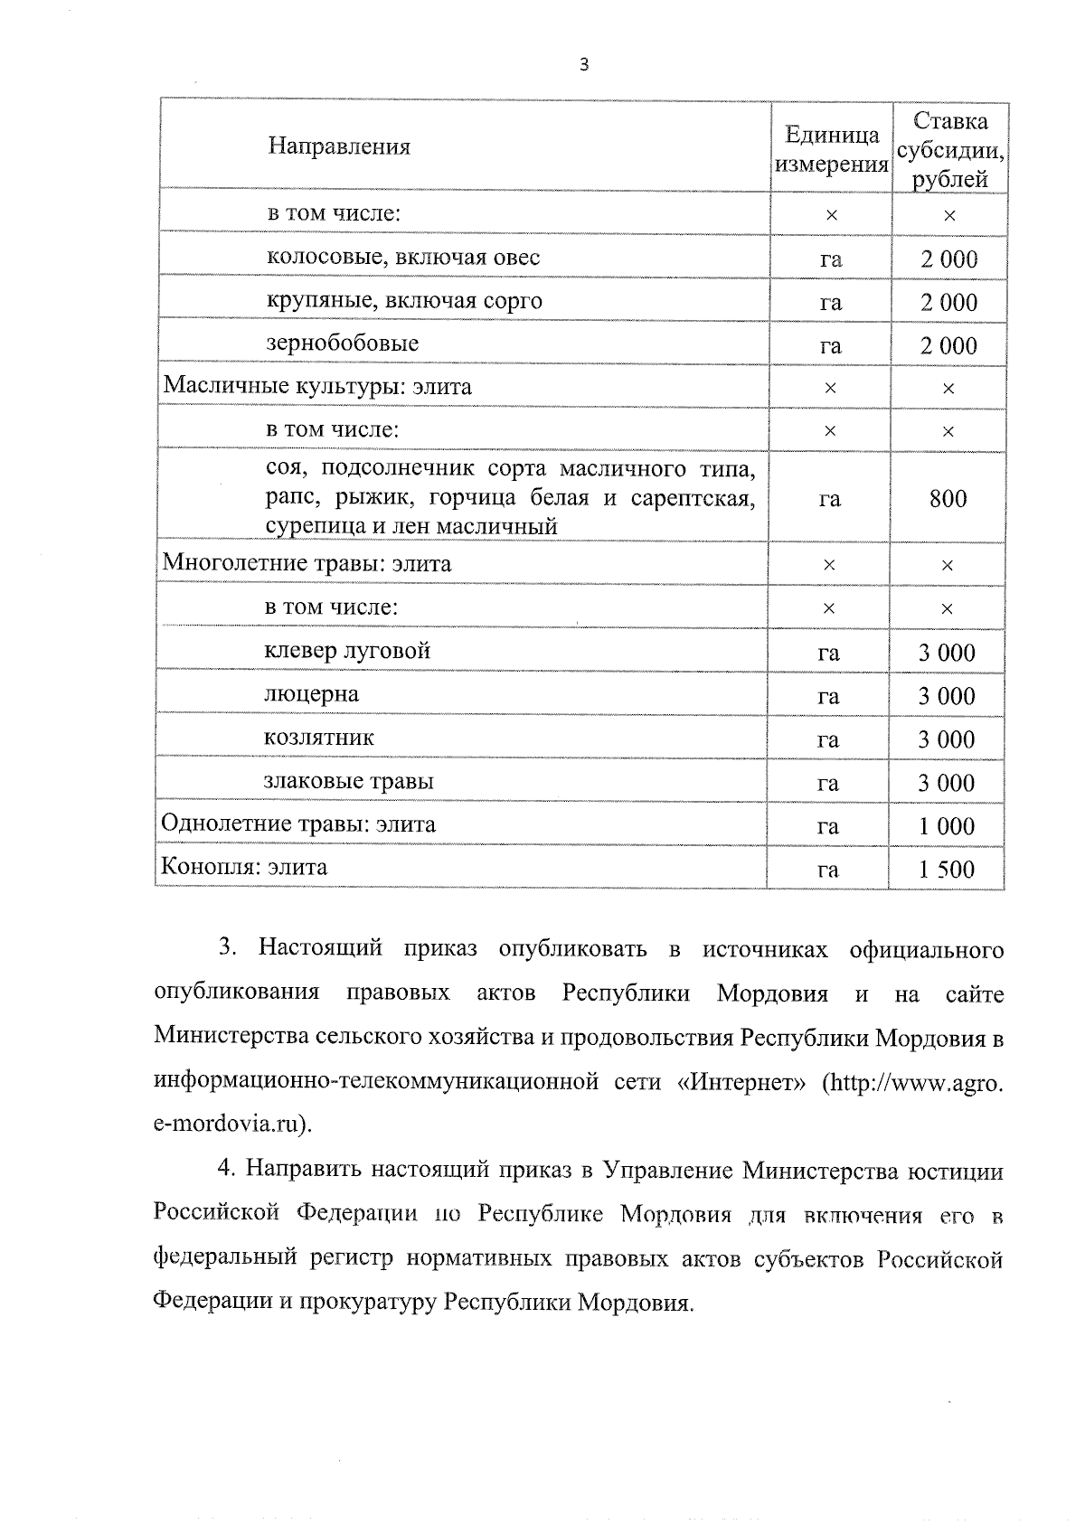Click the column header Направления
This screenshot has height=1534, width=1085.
click(x=339, y=146)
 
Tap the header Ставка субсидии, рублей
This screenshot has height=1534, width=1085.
click(x=949, y=150)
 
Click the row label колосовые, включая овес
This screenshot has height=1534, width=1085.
click(x=403, y=258)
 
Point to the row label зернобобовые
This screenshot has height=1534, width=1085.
click(x=343, y=344)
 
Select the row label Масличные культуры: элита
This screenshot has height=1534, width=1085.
click(x=317, y=387)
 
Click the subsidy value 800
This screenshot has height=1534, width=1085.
click(x=948, y=498)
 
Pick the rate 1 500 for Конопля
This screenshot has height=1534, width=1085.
click(x=947, y=870)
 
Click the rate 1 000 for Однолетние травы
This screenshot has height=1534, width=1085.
click(x=947, y=826)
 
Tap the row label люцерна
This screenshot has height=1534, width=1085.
click(x=311, y=694)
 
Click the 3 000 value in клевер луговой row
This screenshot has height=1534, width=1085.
click(x=947, y=653)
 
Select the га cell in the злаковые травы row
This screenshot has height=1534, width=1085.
click(x=827, y=783)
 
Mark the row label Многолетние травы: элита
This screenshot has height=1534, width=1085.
click(x=307, y=564)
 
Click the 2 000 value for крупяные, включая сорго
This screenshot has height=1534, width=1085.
click(x=948, y=302)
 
